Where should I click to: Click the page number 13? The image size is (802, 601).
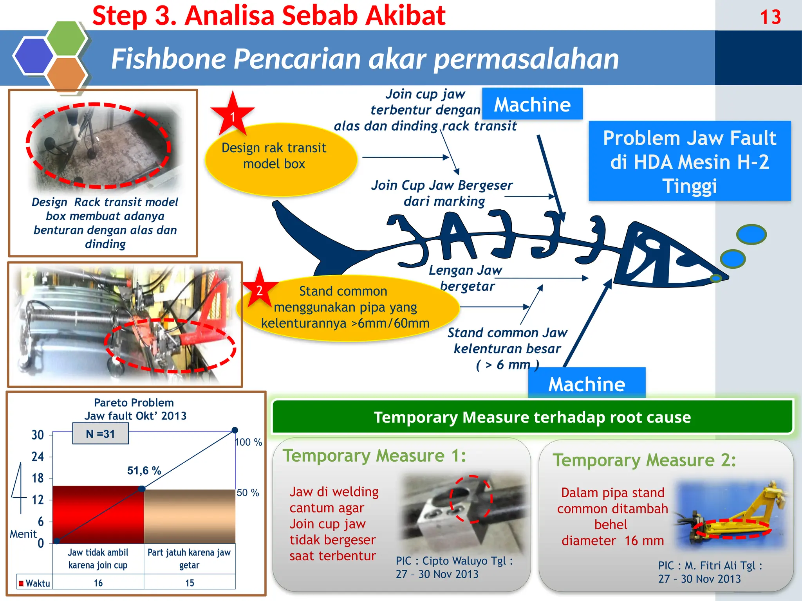pos(770,17)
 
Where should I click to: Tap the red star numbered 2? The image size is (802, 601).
pos(259,290)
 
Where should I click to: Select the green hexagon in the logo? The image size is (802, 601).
pos(66,38)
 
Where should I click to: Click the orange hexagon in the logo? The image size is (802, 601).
pos(66,74)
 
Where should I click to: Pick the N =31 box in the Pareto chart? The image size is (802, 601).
pos(100,434)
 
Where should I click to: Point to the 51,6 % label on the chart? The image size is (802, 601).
pos(144,470)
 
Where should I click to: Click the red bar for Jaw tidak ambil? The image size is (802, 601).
pos(98,515)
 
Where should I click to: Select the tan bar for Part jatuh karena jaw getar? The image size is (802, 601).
pos(190,516)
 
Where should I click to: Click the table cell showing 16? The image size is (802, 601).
pos(98,583)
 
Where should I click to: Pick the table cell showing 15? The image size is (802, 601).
pos(190,583)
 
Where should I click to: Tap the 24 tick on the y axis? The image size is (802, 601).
pos(38,457)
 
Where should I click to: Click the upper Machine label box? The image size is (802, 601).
pos(532,104)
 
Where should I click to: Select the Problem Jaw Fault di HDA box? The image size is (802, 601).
pos(690,161)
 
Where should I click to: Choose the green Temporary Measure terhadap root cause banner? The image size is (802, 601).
pos(532,417)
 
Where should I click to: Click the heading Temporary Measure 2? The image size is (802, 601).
pos(644,460)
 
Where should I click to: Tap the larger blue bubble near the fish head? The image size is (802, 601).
pos(751,234)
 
